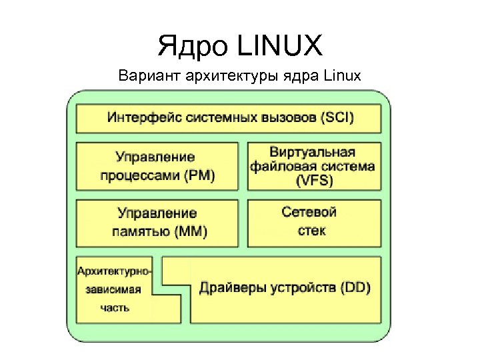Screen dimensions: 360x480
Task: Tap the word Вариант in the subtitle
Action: point(143,75)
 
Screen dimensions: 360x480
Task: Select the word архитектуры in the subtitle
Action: point(220,75)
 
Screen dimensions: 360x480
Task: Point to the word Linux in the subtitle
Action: point(341,75)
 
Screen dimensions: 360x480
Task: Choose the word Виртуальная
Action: point(312,153)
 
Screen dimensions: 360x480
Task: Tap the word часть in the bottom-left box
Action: point(115,308)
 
